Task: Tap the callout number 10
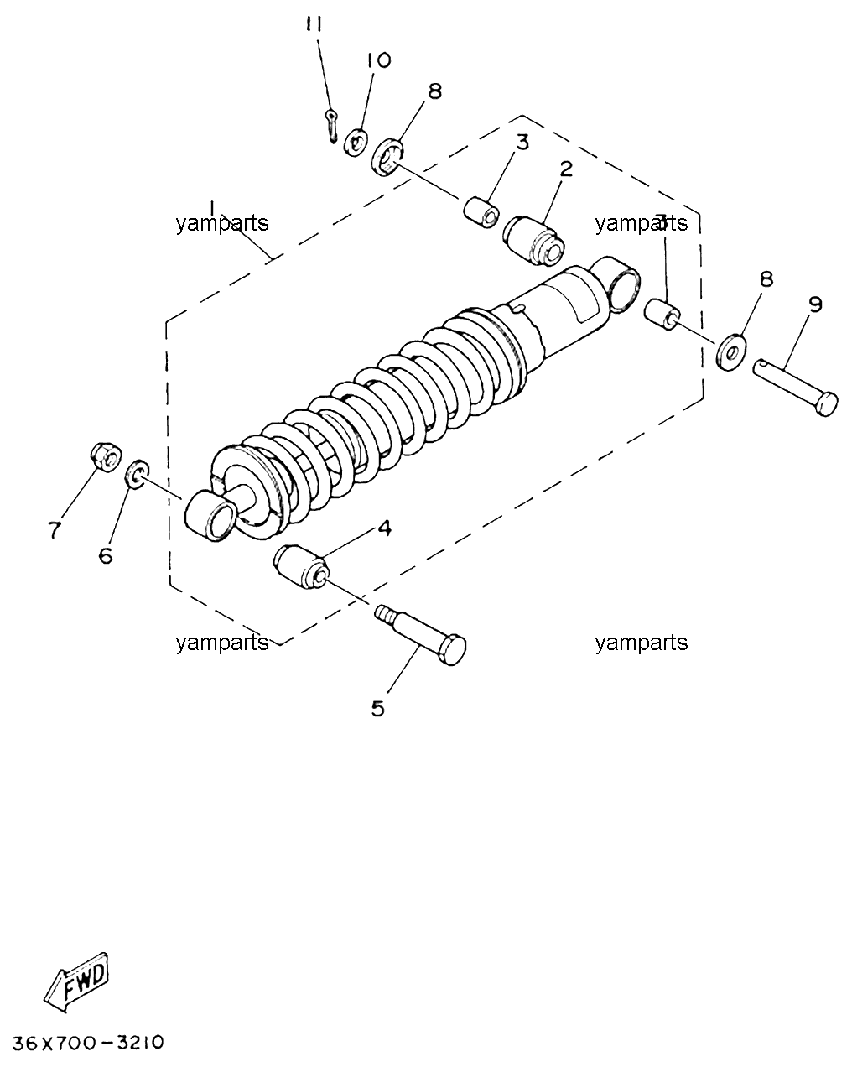point(379,60)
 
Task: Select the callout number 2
point(566,169)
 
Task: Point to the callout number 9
point(816,304)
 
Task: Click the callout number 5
point(377,709)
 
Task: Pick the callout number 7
point(55,530)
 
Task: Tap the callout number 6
point(106,556)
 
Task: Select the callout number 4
point(384,528)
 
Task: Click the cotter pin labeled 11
point(332,127)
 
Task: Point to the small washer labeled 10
point(356,143)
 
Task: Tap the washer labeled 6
point(137,473)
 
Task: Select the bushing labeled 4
point(300,567)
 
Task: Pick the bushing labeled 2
point(533,241)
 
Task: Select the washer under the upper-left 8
point(388,157)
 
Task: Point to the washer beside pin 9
point(730,352)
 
